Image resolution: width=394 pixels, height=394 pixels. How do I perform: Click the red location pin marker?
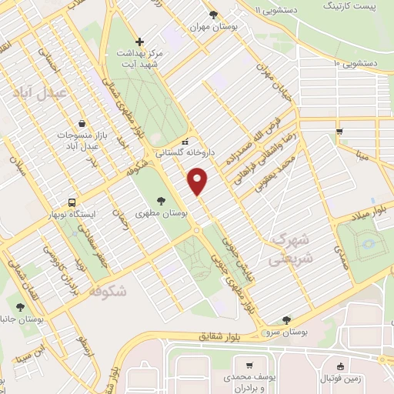(199, 181)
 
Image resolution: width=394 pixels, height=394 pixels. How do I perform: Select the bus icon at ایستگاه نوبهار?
(72, 202)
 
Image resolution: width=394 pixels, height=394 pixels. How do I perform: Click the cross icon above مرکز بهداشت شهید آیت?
(139, 42)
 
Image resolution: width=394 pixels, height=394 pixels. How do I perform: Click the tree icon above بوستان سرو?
(287, 319)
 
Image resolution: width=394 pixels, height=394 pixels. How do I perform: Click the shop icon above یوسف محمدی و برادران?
(249, 366)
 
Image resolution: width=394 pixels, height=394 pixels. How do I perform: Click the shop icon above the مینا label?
(339, 132)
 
